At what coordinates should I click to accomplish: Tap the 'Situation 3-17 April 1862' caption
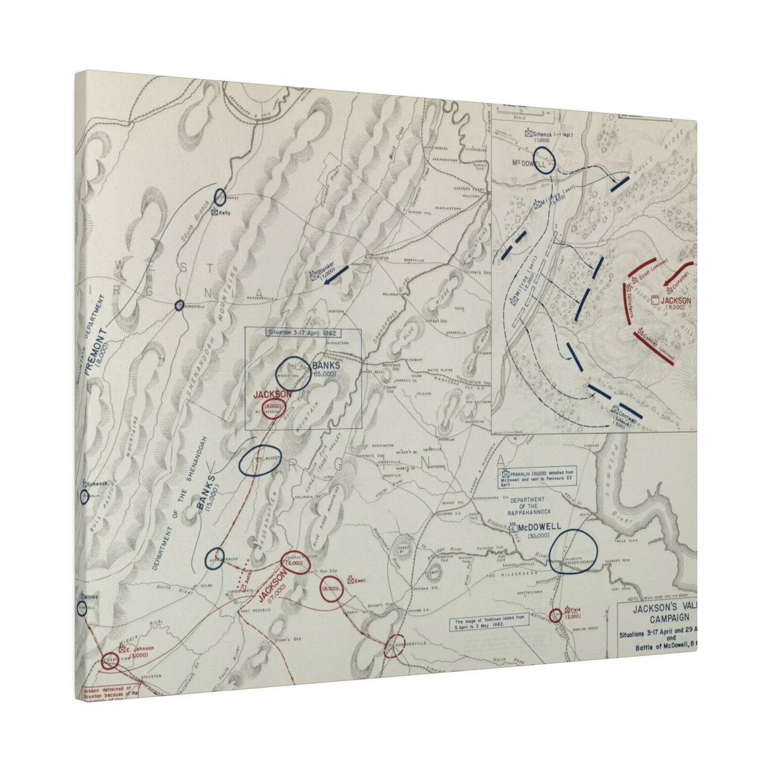[303, 332]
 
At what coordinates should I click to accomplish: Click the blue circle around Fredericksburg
[573, 552]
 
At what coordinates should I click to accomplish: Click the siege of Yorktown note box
[482, 623]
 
